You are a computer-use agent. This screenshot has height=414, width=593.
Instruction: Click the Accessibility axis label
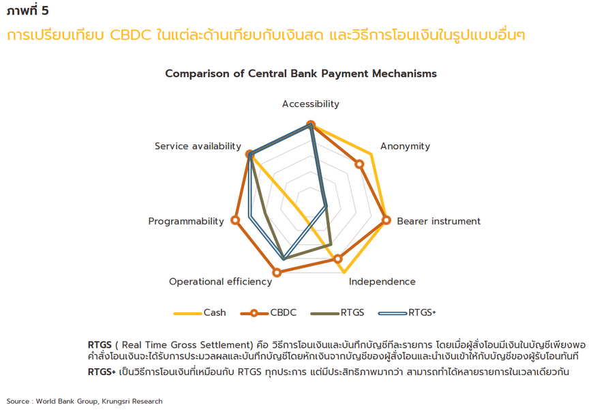click(x=311, y=104)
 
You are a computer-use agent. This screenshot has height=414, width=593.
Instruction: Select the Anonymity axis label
click(x=405, y=147)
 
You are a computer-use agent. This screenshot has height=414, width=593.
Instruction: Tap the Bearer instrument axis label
click(x=439, y=221)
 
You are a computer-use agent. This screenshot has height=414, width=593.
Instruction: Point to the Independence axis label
click(x=382, y=282)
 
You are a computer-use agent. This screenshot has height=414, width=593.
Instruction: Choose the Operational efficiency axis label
click(x=220, y=282)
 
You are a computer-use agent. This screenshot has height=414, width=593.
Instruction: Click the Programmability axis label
click(x=186, y=222)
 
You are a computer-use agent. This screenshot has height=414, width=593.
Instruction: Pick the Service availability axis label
click(x=198, y=147)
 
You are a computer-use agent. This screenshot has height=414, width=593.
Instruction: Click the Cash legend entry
click(x=200, y=312)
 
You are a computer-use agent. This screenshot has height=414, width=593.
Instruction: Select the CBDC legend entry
click(x=269, y=312)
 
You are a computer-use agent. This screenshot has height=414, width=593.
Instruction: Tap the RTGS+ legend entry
click(x=408, y=312)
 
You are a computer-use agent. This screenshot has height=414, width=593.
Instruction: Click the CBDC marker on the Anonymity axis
click(x=360, y=164)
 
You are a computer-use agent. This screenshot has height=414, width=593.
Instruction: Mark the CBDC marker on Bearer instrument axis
click(x=386, y=220)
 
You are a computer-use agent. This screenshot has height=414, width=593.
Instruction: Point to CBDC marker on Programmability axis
click(x=235, y=220)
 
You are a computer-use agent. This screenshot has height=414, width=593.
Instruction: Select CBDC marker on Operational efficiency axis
click(x=277, y=272)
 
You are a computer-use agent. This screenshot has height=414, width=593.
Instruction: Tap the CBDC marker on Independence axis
click(x=338, y=259)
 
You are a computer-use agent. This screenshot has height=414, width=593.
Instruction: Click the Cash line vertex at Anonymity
click(x=371, y=154)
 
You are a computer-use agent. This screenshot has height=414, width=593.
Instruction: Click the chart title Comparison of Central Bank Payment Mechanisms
click(x=301, y=74)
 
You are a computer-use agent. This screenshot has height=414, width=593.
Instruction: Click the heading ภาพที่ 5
click(x=28, y=10)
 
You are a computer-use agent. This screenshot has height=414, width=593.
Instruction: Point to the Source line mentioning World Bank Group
click(x=85, y=401)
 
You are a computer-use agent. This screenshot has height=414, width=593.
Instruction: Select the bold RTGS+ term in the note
click(x=102, y=372)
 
